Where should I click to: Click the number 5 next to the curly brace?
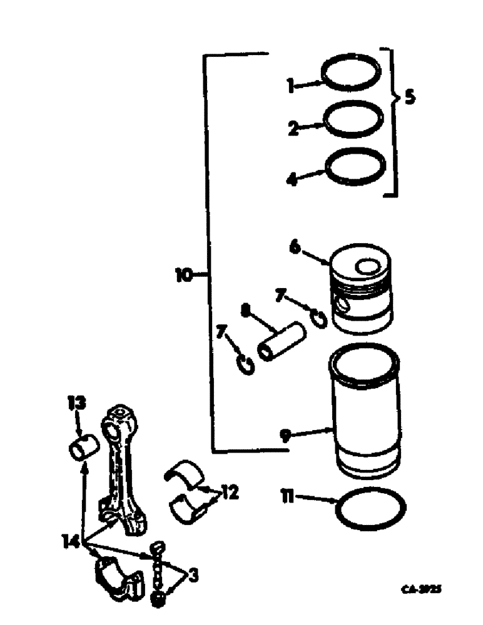tap(409, 98)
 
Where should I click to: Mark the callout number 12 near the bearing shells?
tap(229, 492)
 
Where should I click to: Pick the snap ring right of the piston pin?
tap(318, 318)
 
